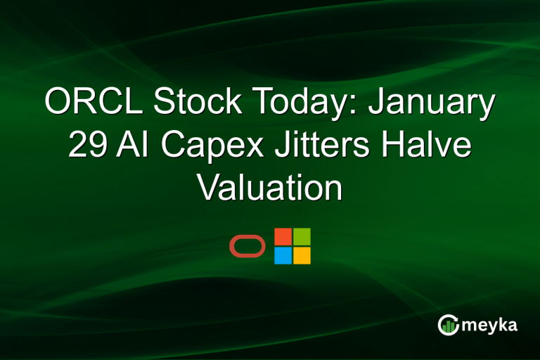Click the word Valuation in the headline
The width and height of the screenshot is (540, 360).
click(269, 188)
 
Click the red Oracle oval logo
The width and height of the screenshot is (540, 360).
click(247, 246)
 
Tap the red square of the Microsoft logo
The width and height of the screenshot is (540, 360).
click(283, 236)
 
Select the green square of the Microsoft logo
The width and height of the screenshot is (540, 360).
click(302, 236)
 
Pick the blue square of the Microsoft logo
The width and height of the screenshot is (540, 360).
click(283, 255)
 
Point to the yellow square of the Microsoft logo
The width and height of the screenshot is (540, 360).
click(302, 255)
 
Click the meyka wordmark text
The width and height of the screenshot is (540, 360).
click(489, 325)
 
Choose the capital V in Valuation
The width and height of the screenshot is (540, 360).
click(208, 188)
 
